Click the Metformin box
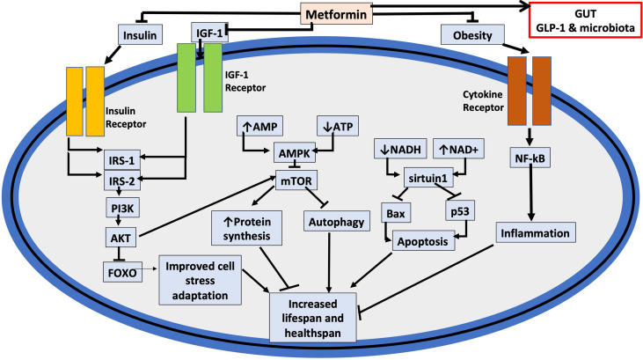(x=336, y=14)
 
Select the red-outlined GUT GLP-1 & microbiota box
(x=585, y=20)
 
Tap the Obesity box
(x=472, y=34)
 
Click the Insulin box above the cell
(x=140, y=34)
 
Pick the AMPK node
(x=295, y=153)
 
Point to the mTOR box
(x=296, y=180)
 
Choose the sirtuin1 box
(x=428, y=178)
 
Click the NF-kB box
(x=530, y=158)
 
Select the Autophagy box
(x=336, y=222)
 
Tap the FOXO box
(x=122, y=272)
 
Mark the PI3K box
(x=122, y=208)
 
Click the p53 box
(x=460, y=211)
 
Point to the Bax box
(x=396, y=213)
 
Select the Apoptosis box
(x=423, y=241)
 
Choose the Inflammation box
(x=535, y=232)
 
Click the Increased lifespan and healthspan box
(x=312, y=318)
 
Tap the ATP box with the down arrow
(x=338, y=126)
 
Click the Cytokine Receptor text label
(x=483, y=101)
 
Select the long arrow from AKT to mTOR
(x=208, y=207)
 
